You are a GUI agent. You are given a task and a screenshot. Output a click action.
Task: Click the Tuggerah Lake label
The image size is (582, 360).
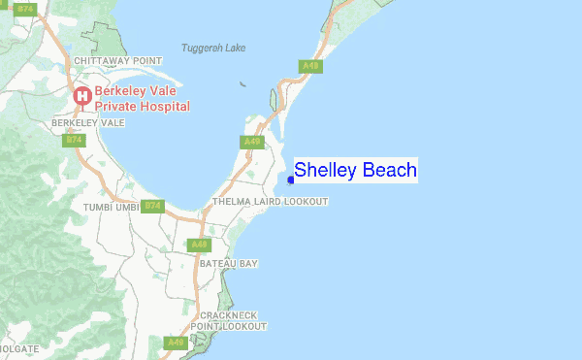(213, 48)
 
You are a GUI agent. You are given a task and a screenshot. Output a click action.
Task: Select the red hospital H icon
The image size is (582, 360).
(82, 95)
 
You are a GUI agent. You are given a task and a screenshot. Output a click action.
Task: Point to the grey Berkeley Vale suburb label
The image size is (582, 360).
(88, 123)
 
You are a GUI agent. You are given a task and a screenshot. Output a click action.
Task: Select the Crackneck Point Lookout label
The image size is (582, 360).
(228, 321)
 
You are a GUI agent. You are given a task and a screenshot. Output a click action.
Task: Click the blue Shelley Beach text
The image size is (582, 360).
(355, 171)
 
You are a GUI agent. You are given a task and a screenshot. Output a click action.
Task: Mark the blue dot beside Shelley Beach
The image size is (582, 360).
(291, 179)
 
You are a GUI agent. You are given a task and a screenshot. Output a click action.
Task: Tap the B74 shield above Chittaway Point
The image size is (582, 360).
(26, 9)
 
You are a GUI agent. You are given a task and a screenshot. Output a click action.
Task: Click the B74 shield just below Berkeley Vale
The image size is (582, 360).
(74, 141)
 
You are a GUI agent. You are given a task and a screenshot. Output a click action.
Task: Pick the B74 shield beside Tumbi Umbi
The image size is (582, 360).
(152, 206)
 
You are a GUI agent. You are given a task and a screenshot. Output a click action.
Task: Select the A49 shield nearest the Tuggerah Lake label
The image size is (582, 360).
(310, 66)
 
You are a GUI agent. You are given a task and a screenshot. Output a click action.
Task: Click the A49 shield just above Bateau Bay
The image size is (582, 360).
(199, 244)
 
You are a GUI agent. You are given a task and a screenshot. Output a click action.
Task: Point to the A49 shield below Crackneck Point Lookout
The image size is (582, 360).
(176, 343)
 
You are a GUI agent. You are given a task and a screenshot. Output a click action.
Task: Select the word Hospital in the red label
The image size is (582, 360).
(163, 107)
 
